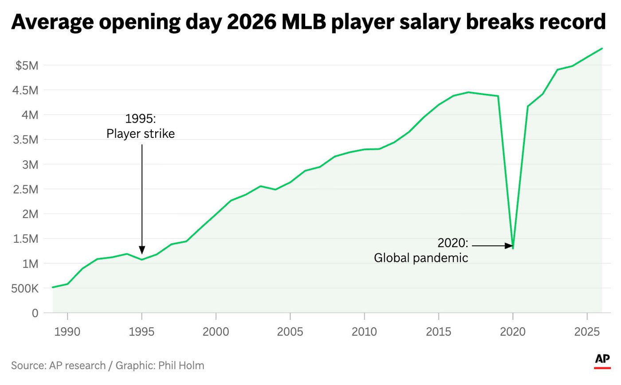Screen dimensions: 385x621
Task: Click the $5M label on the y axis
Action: [27, 66]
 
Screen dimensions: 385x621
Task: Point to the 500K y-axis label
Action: [24, 288]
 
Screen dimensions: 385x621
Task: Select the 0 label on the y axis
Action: [35, 313]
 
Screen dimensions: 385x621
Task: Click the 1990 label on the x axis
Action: [67, 331]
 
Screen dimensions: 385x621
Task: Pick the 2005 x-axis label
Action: [290, 331]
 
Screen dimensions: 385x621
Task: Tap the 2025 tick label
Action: [587, 331]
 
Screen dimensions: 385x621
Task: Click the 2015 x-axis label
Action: [439, 331]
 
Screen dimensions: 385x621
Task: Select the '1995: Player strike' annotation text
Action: [141, 126]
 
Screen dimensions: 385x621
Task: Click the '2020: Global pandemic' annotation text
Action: [421, 250]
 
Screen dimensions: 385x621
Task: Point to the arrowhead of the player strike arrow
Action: [142, 251]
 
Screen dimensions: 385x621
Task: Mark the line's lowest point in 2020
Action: [513, 248]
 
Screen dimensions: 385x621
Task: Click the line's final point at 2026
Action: [602, 48]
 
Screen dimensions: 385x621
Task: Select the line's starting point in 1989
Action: [53, 288]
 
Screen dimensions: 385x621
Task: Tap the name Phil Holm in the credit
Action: [181, 366]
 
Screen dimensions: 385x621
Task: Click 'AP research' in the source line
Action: [77, 366]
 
